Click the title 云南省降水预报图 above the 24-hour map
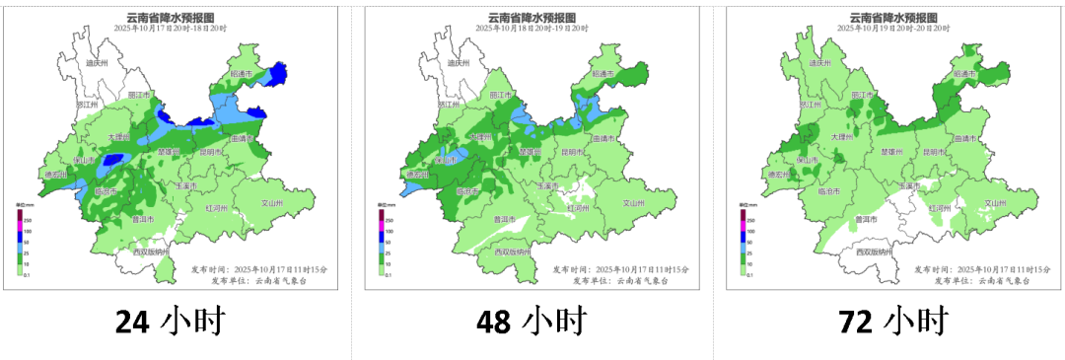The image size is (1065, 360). (x=170, y=17)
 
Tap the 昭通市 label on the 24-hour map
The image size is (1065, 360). (x=243, y=74)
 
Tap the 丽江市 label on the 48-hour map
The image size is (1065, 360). (x=504, y=95)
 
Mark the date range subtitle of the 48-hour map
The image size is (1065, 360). (x=532, y=29)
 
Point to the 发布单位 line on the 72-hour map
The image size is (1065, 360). (x=971, y=280)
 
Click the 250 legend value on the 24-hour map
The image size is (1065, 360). (x=31, y=219)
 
